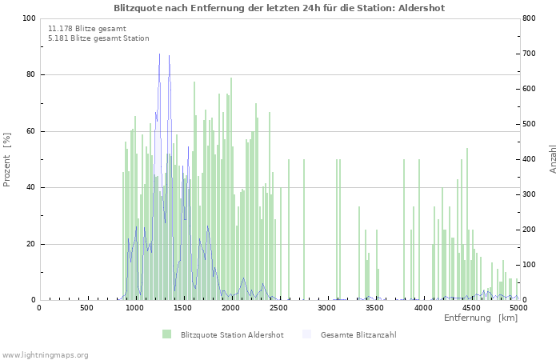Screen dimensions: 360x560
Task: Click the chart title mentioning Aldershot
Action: coord(279,8)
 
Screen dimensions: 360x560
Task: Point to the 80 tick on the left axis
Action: coord(30,75)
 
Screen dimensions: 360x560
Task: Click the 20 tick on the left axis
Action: coord(30,244)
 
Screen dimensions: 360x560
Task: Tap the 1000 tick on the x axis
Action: coord(134,308)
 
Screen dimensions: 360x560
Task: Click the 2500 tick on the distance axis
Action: coord(279,308)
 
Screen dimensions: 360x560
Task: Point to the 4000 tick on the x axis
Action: coord(423,308)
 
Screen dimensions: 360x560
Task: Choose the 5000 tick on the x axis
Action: coord(518,308)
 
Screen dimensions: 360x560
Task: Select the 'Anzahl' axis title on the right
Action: coord(553,159)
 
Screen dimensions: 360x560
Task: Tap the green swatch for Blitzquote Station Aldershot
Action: coord(166,334)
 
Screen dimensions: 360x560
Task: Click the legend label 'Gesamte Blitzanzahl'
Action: coord(358,334)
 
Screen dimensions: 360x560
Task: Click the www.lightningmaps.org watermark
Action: coord(45,354)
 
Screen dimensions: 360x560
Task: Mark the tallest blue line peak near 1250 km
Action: coord(159,54)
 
